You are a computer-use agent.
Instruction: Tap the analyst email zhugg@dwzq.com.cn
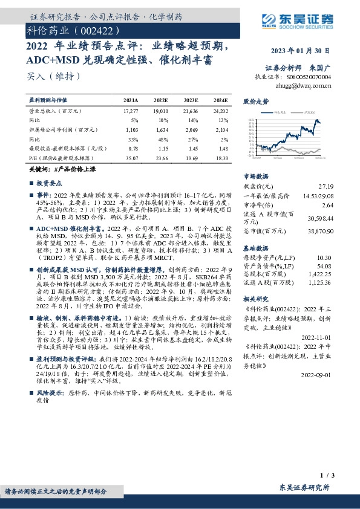(x=303, y=86)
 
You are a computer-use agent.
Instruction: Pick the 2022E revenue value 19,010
(x=160, y=112)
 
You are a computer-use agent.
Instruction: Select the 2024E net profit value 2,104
(x=221, y=129)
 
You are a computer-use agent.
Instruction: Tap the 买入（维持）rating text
(x=54, y=77)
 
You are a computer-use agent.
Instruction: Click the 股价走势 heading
(x=255, y=101)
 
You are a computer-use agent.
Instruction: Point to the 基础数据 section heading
(x=255, y=248)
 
